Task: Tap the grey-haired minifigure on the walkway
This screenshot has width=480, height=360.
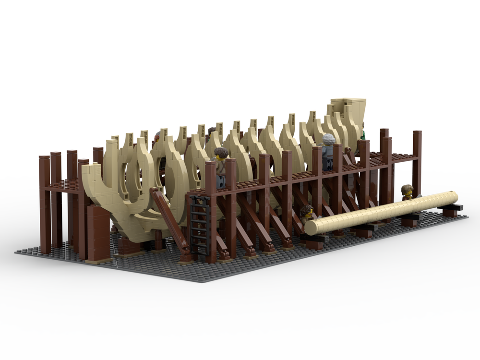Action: click(x=328, y=150)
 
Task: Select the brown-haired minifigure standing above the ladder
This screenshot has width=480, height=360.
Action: click(x=221, y=166)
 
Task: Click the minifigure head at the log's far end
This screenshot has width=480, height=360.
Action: click(x=408, y=192)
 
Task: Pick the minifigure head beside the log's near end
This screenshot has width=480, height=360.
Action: click(x=307, y=213)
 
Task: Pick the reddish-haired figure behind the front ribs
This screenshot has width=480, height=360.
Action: click(x=157, y=138)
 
